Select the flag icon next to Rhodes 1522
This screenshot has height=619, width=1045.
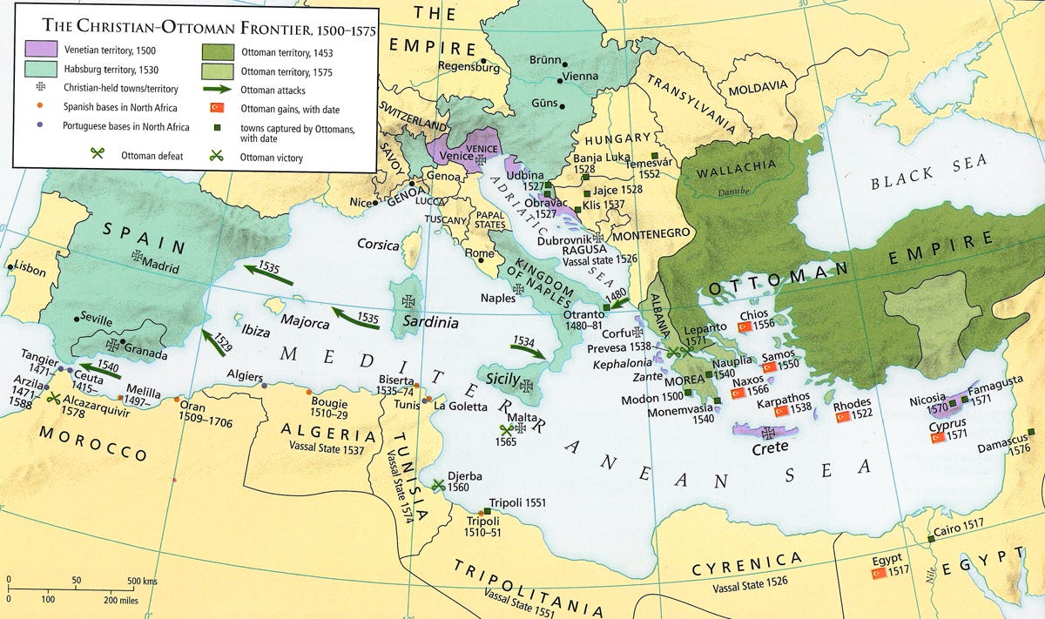843,418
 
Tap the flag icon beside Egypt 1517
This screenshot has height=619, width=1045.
879,573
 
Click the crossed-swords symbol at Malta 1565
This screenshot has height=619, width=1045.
508,429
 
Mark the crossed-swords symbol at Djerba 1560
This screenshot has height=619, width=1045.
438,484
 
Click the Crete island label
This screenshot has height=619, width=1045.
770,447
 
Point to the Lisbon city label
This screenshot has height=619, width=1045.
29,271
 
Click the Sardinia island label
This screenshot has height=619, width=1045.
429,322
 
